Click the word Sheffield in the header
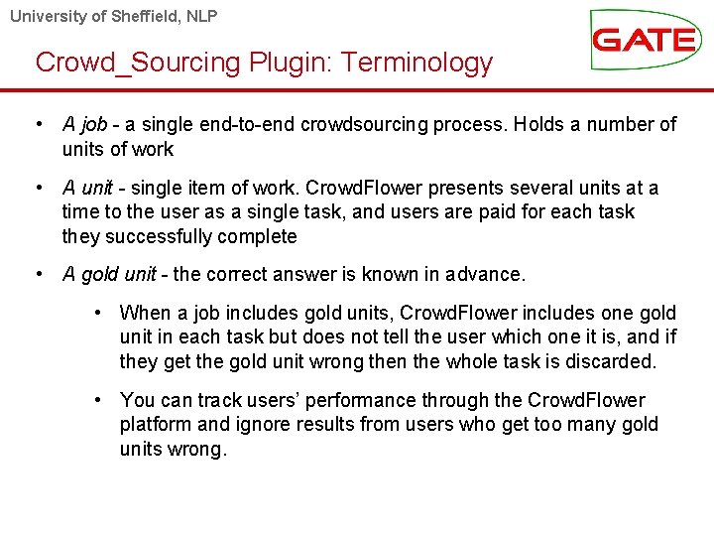150,16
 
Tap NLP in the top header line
202,16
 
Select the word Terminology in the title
417,63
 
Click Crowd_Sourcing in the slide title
138,63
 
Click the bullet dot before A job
38,125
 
